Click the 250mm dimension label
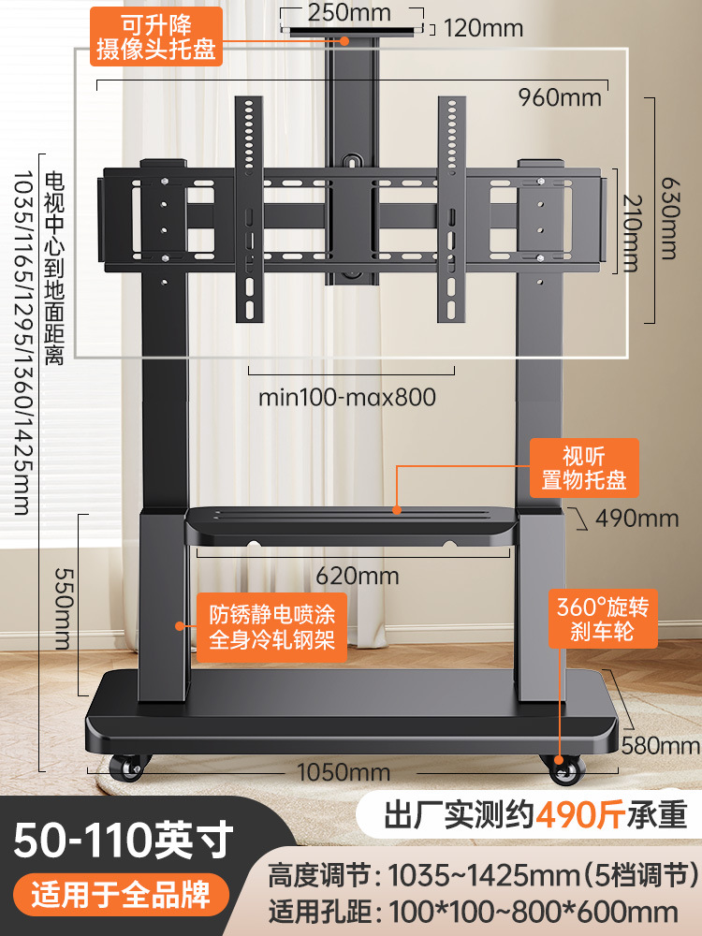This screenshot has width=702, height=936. point(349,12)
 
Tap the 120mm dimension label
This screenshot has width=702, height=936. point(483,28)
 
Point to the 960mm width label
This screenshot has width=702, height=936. point(560,97)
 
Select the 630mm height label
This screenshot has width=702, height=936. point(668,217)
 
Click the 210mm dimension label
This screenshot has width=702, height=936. point(631,233)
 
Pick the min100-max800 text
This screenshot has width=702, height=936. point(347,397)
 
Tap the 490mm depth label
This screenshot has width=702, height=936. point(636,519)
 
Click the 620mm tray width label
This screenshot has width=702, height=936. point(357,576)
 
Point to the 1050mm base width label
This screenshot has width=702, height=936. point(344,772)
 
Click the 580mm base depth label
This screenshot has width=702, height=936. point(660,745)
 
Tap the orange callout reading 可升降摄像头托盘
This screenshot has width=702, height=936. point(155,36)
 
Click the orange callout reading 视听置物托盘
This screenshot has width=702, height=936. point(584,468)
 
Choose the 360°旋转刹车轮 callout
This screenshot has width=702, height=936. point(603,619)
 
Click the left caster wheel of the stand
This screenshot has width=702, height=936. point(127,768)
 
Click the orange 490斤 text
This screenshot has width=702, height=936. point(580,815)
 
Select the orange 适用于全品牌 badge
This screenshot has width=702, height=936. point(121,894)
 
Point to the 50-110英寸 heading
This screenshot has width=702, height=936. point(123,840)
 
